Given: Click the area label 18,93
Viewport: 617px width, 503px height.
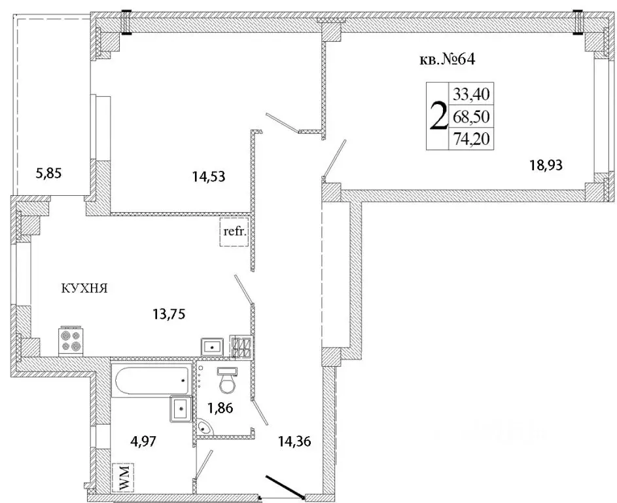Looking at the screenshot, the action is pyautogui.click(x=546, y=166).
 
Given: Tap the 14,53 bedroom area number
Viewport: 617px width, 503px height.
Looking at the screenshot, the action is pyautogui.click(x=209, y=176).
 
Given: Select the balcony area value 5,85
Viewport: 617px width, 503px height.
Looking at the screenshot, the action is pyautogui.click(x=49, y=174).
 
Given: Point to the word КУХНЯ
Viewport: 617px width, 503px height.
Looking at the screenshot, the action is pyautogui.click(x=84, y=289).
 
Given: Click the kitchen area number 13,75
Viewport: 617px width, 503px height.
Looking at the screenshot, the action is pyautogui.click(x=169, y=314).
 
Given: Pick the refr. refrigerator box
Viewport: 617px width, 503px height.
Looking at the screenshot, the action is pyautogui.click(x=234, y=232).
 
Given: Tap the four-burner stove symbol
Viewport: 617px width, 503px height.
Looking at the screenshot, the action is pyautogui.click(x=71, y=341).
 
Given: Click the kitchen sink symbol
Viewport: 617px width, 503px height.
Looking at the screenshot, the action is pyautogui.click(x=212, y=347).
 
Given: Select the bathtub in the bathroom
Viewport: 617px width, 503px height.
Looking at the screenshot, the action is pyautogui.click(x=152, y=379).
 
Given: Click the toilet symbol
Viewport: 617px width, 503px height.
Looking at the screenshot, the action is pyautogui.click(x=228, y=380).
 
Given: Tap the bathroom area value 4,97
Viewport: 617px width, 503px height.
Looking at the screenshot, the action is pyautogui.click(x=143, y=441).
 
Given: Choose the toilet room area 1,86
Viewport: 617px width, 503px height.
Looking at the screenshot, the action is pyautogui.click(x=220, y=409).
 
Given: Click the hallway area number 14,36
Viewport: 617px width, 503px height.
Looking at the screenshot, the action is pyautogui.click(x=294, y=442).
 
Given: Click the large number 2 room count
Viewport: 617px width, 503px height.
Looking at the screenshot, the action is pyautogui.click(x=438, y=115).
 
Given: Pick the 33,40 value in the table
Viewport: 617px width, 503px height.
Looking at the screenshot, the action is pyautogui.click(x=471, y=94).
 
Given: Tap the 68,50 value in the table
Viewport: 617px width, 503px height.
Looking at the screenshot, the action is pyautogui.click(x=471, y=117).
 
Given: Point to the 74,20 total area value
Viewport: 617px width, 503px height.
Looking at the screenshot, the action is pyautogui.click(x=471, y=139).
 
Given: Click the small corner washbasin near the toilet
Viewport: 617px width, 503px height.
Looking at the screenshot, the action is pyautogui.click(x=205, y=427).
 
